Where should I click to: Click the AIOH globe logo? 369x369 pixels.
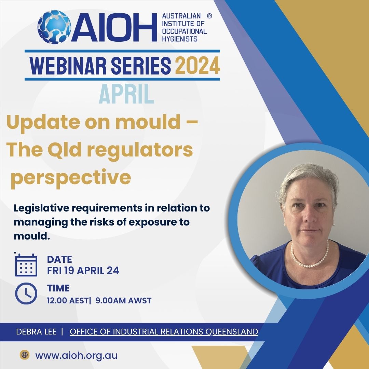pos(54,27)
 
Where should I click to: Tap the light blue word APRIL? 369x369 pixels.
pos(126,94)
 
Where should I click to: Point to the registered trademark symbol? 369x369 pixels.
pos(209,16)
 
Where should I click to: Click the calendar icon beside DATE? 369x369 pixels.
pos(26,265)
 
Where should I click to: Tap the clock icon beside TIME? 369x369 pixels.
pos(26,293)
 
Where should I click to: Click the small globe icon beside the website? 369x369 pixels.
pos(25,355)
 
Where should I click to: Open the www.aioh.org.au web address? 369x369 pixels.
pos(76,355)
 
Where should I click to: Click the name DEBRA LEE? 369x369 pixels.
pos(36,331)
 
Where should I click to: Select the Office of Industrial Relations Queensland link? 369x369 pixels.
pos(164,332)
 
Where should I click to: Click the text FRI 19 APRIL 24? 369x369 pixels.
pos(83,270)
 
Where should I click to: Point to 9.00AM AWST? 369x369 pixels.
pos(123,301)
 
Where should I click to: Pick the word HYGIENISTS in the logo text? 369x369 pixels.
pos(180,39)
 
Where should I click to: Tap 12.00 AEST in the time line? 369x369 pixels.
pos(67,301)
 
